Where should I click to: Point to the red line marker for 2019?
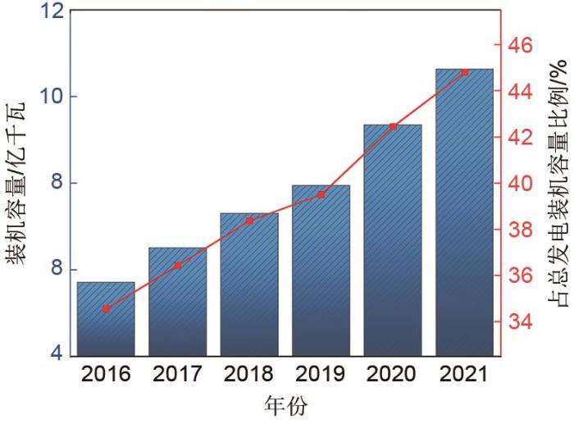(x=321, y=194)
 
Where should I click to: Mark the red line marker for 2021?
(x=465, y=72)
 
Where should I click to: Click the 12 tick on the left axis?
(x=50, y=11)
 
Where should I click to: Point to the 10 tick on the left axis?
(x=50, y=97)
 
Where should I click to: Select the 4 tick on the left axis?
(x=56, y=354)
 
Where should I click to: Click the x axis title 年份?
(x=285, y=406)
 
